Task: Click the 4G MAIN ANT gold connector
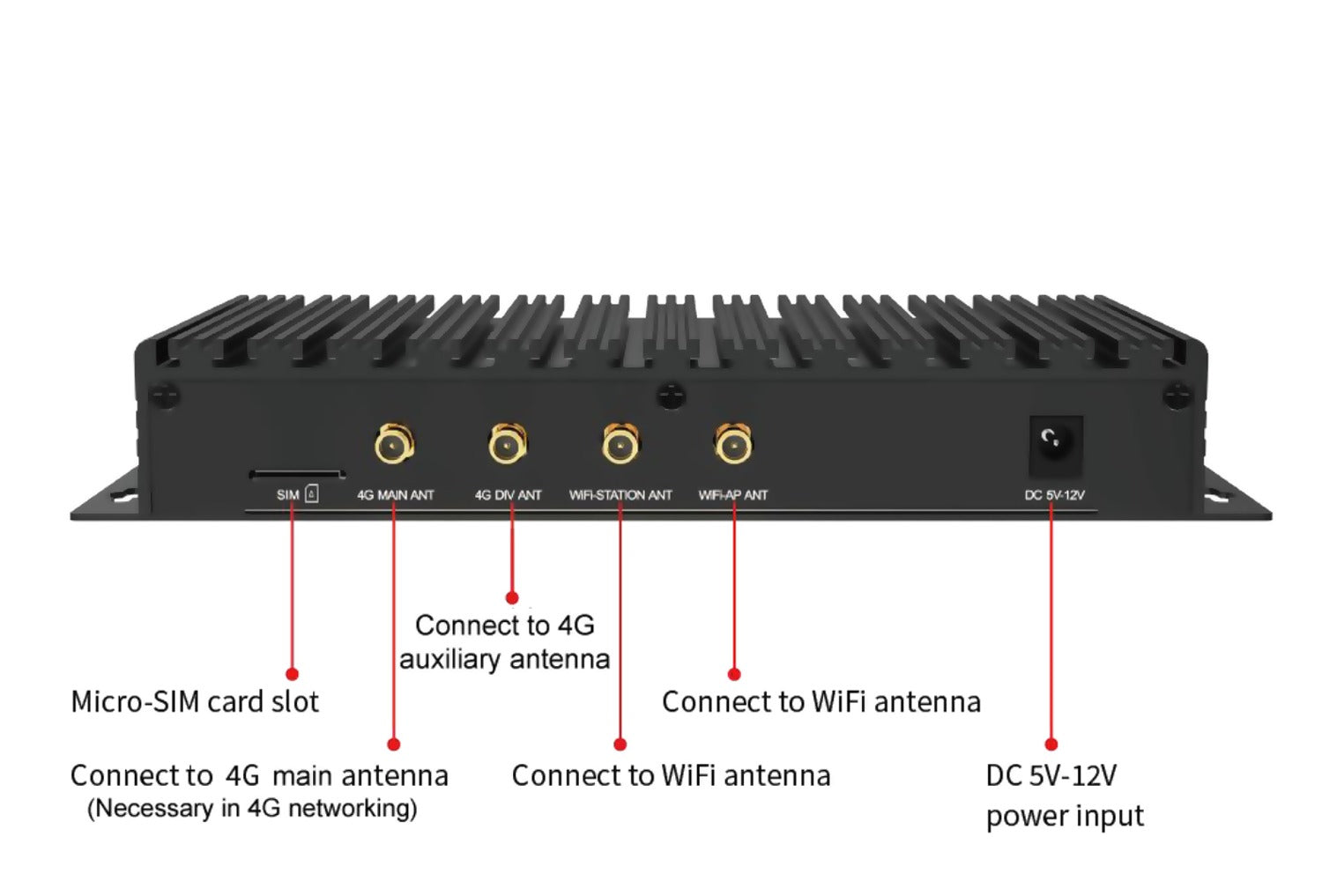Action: click(x=394, y=444)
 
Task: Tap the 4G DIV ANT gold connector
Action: click(x=508, y=444)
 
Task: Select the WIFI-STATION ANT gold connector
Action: click(x=620, y=444)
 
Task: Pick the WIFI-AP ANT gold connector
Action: click(x=733, y=444)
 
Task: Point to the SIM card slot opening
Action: click(x=296, y=474)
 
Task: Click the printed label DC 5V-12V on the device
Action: click(x=1054, y=495)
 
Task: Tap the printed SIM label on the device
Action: click(x=288, y=495)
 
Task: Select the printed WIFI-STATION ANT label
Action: click(x=620, y=495)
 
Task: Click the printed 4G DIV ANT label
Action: click(x=508, y=495)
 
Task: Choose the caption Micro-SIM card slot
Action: click(x=195, y=702)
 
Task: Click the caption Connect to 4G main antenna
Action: click(x=259, y=776)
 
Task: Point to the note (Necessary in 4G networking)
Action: click(x=252, y=808)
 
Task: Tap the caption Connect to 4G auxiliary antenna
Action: click(x=505, y=642)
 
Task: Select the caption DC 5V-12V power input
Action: click(x=1064, y=796)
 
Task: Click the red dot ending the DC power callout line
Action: click(x=1051, y=744)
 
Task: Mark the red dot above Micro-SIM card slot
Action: click(x=292, y=674)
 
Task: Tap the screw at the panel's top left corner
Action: click(x=164, y=396)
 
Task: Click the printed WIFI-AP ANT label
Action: click(x=733, y=495)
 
